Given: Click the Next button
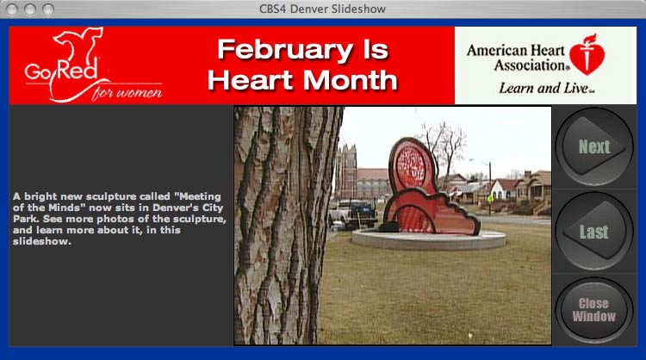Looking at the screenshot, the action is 593,146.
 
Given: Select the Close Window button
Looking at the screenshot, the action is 593,310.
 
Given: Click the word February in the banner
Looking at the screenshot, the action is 285,50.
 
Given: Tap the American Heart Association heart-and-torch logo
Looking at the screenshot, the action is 587,54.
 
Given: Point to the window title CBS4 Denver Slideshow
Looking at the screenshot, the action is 323,9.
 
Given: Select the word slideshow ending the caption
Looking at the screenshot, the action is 41,241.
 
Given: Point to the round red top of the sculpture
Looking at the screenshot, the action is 411,167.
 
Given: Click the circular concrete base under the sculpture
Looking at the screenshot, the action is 428,240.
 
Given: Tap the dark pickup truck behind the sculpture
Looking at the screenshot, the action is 353,214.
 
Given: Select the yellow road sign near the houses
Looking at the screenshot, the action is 490,199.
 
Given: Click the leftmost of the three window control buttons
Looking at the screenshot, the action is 12,9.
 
